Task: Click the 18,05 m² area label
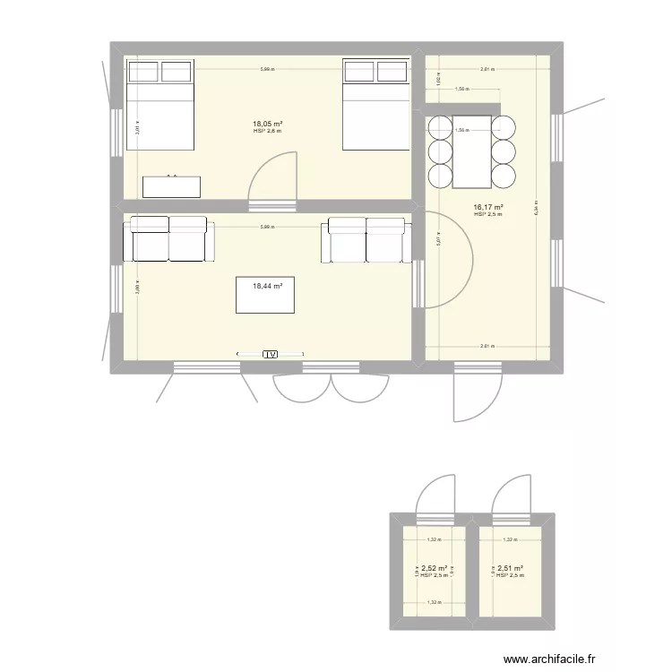pos(267,124)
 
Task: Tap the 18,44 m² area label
pos(267,286)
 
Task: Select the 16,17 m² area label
pos(487,207)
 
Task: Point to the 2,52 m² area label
pos(435,568)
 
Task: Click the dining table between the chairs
pos(473,151)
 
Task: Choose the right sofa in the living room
pos(366,239)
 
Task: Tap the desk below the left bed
pos(171,185)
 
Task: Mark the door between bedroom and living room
pos(272,184)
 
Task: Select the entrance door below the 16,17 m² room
pos(466,394)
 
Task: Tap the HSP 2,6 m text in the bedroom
pos(267,132)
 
